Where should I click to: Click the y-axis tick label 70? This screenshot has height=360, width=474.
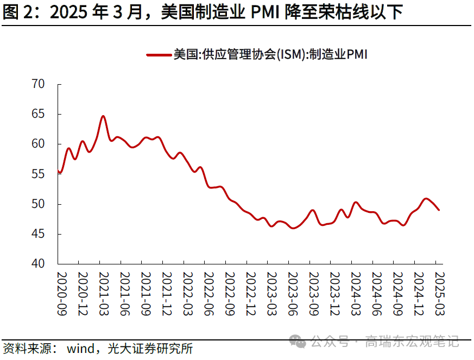(39, 84)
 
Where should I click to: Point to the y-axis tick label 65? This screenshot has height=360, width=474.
(39, 114)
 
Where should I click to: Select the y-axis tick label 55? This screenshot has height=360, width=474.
(39, 174)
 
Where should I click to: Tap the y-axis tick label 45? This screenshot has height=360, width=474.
(39, 234)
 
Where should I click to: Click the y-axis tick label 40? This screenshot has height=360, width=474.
(39, 264)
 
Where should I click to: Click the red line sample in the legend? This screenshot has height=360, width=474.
(159, 55)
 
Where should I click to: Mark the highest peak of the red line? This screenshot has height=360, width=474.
(103, 116)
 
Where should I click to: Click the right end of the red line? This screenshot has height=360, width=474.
(439, 210)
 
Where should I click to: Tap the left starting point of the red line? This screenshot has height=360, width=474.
(58, 172)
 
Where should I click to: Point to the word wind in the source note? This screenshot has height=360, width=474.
(81, 348)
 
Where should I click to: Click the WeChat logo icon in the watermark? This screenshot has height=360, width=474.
(298, 342)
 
